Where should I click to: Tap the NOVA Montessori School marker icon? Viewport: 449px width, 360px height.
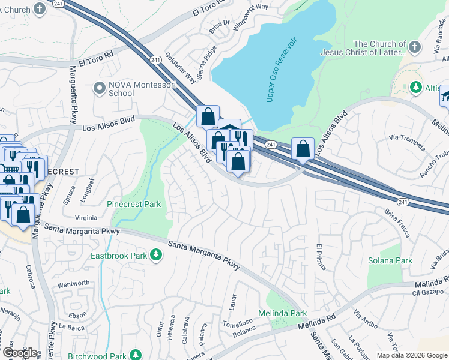(99, 89)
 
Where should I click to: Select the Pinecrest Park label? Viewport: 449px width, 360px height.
(134, 204)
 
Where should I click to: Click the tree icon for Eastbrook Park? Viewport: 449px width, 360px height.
(156, 255)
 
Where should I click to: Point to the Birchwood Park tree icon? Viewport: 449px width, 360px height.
(136, 355)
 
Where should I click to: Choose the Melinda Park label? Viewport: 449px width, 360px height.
(282, 313)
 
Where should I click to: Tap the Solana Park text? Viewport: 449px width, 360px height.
(390, 260)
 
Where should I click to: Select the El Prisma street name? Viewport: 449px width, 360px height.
(320, 257)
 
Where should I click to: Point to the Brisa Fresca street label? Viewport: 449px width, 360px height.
(398, 223)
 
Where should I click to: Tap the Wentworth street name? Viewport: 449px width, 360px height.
(73, 283)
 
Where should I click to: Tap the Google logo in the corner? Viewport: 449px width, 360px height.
(20, 352)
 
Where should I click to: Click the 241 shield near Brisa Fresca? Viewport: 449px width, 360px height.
(402, 203)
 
